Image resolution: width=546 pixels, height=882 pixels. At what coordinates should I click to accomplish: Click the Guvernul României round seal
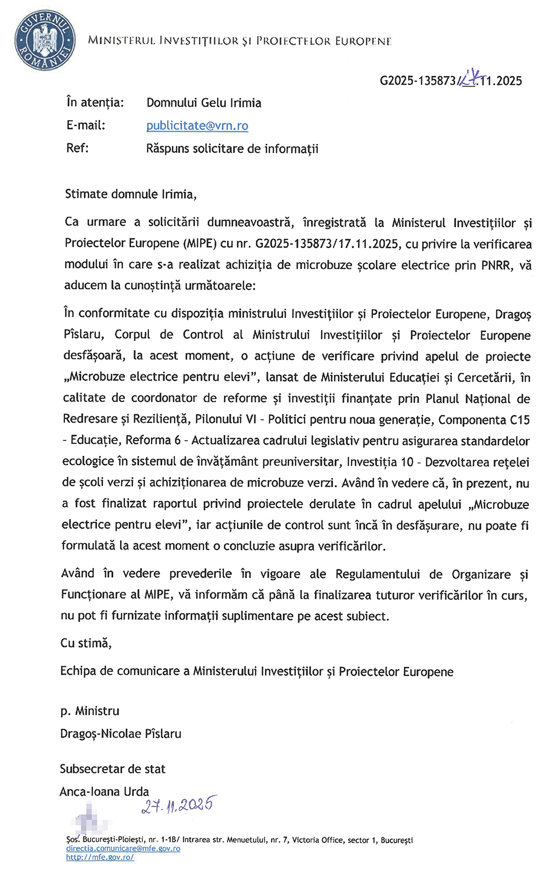(x=44, y=41)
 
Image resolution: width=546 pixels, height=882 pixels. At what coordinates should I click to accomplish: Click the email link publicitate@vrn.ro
(x=197, y=126)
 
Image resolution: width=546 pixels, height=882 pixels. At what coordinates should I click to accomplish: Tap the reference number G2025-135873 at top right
(x=418, y=81)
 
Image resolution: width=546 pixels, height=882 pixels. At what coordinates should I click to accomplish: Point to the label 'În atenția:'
(x=95, y=103)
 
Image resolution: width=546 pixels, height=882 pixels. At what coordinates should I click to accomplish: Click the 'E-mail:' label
(x=85, y=126)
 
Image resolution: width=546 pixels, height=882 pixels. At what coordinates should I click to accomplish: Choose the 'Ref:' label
(x=77, y=148)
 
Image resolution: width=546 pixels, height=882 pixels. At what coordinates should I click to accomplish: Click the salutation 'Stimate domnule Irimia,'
(x=131, y=194)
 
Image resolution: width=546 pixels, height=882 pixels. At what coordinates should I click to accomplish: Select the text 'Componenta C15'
(x=484, y=420)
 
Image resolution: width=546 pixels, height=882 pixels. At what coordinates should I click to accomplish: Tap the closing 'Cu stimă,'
(x=86, y=643)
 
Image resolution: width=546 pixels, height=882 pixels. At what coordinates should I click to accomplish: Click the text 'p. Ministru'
(x=90, y=711)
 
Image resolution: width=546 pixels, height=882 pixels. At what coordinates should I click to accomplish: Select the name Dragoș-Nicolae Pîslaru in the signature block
(x=121, y=734)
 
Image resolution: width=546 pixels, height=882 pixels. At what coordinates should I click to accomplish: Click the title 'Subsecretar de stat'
(x=112, y=769)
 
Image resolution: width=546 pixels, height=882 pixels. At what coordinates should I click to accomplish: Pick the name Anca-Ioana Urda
(x=104, y=792)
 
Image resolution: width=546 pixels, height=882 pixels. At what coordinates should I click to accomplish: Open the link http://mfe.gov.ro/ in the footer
(x=100, y=857)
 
